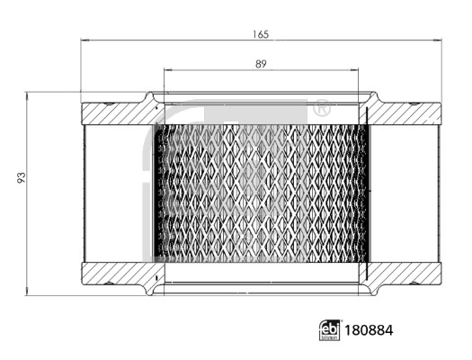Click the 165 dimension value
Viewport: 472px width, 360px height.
(262, 34)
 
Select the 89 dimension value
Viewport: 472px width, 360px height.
(262, 64)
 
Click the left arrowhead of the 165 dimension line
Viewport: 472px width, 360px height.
(85, 40)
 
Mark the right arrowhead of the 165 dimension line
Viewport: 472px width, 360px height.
(441, 40)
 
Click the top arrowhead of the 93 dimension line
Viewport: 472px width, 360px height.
(30, 94)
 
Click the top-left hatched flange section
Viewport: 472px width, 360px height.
(117, 113)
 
